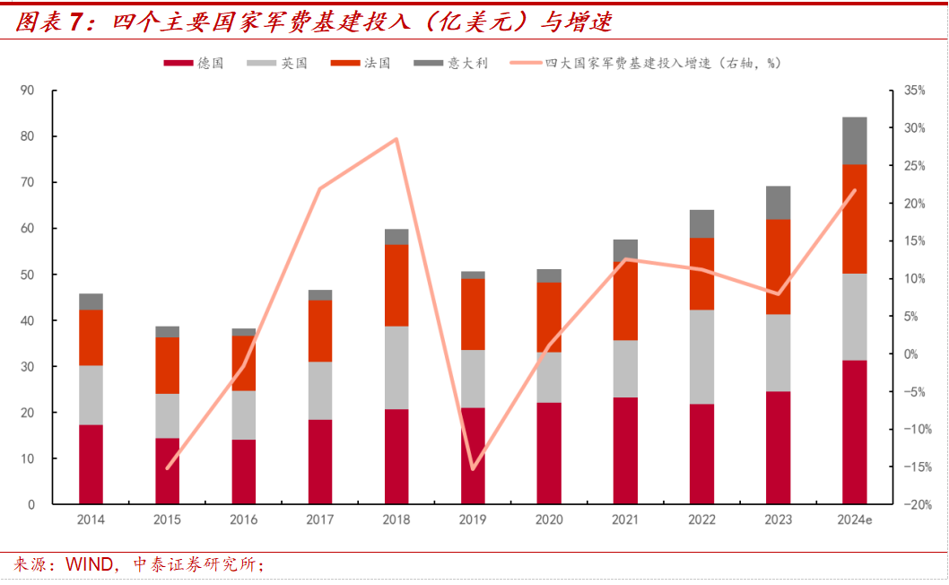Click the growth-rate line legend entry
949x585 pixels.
[646, 64]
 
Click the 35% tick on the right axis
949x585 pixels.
[914, 91]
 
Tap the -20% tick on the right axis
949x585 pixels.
[914, 505]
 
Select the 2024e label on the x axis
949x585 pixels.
[854, 520]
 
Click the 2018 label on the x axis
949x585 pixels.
[396, 520]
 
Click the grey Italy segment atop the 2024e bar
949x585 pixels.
[854, 141]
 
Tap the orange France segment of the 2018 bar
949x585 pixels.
[396, 285]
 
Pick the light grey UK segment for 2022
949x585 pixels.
[701, 357]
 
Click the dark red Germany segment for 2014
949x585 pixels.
[91, 465]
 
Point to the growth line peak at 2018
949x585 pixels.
[396, 139]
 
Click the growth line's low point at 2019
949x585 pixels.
[473, 469]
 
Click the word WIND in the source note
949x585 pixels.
[86, 565]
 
